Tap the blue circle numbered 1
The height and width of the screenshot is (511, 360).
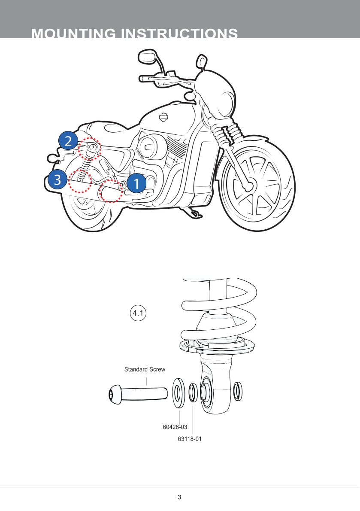click(136, 184)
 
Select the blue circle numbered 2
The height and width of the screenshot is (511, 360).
click(68, 140)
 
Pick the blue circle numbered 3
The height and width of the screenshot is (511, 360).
click(57, 179)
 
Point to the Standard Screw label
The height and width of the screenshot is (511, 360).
click(145, 369)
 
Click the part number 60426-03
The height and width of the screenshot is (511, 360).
click(175, 427)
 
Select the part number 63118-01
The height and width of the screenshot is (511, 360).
click(189, 439)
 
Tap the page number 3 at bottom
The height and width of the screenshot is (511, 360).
click(179, 497)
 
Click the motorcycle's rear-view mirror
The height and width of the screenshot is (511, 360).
click(146, 56)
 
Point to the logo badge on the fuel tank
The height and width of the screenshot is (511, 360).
click(164, 117)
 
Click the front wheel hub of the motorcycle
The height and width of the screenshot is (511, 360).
click(248, 186)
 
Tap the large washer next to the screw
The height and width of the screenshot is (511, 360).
click(178, 392)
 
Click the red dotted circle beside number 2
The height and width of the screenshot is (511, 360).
click(89, 148)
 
